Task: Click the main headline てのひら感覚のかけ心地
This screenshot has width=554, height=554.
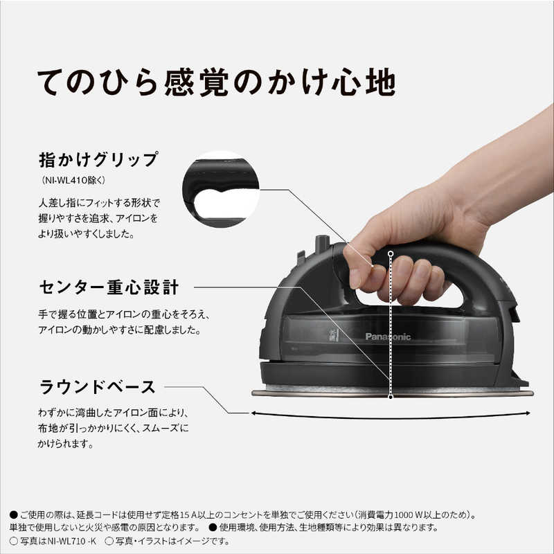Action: click(x=216, y=82)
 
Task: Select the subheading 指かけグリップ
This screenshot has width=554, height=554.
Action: click(x=98, y=160)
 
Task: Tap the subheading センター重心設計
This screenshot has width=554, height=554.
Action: click(x=109, y=287)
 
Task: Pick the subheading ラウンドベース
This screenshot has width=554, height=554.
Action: click(x=97, y=387)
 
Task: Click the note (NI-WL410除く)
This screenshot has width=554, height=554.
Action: click(x=73, y=180)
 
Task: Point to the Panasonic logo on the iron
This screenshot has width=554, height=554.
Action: click(x=388, y=337)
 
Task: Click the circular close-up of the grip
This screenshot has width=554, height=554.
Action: click(x=221, y=189)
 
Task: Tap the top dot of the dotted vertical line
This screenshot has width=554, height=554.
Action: click(x=391, y=253)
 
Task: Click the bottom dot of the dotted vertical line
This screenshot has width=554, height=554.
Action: click(x=391, y=397)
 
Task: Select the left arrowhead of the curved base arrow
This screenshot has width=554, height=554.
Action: click(x=253, y=413)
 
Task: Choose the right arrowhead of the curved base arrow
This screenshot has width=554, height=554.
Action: click(x=528, y=413)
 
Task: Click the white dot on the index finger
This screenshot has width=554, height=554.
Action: click(x=372, y=266)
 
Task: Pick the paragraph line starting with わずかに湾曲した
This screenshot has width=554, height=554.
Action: click(x=114, y=412)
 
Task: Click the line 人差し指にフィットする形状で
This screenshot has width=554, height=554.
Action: click(x=99, y=203)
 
